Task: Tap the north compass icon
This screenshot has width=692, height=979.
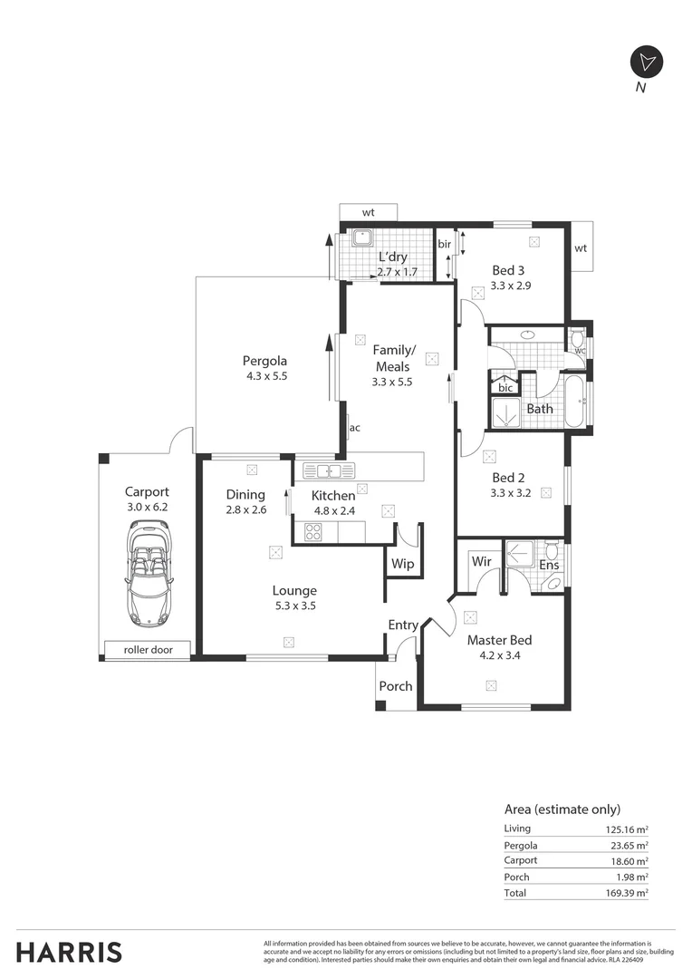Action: point(646,62)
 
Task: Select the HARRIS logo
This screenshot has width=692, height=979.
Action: point(69,952)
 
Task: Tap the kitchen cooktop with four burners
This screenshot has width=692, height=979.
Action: point(313,533)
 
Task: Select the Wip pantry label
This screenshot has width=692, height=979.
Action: point(402,564)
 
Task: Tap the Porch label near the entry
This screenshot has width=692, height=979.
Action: point(396,686)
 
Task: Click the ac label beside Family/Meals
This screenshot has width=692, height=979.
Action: point(355,428)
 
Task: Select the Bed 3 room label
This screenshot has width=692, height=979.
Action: point(508,269)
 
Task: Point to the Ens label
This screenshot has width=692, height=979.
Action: point(549,565)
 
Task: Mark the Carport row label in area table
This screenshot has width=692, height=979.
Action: point(521,860)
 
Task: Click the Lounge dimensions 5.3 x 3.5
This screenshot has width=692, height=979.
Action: point(295,606)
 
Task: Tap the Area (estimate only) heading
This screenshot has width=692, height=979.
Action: point(562,809)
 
